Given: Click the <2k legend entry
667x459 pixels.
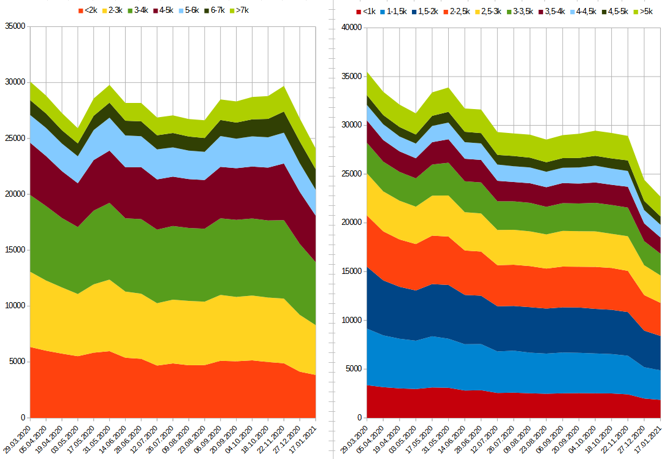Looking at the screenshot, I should point(89,10).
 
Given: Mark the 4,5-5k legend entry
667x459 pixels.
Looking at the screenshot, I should point(616,12).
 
